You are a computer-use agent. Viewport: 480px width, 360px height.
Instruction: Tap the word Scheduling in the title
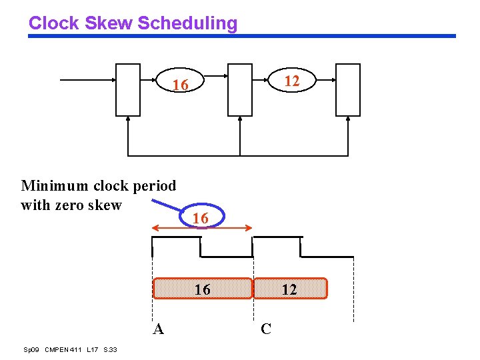187,23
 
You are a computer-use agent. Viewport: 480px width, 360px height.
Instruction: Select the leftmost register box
128,90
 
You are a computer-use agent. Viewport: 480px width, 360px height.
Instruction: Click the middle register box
240,90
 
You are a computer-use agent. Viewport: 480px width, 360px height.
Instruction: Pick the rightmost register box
348,90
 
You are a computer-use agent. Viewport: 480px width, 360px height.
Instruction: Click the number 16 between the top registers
180,85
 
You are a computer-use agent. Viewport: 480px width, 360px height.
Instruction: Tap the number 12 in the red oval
291,81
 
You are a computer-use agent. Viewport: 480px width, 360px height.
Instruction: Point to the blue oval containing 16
200,218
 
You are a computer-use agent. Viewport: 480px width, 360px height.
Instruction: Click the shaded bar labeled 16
203,289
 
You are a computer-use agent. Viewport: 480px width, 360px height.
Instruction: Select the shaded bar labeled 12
290,289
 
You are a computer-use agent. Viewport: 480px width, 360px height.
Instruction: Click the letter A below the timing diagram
158,329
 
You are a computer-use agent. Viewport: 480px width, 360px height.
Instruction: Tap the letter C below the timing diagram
266,329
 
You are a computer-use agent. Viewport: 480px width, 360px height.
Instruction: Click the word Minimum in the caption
53,185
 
